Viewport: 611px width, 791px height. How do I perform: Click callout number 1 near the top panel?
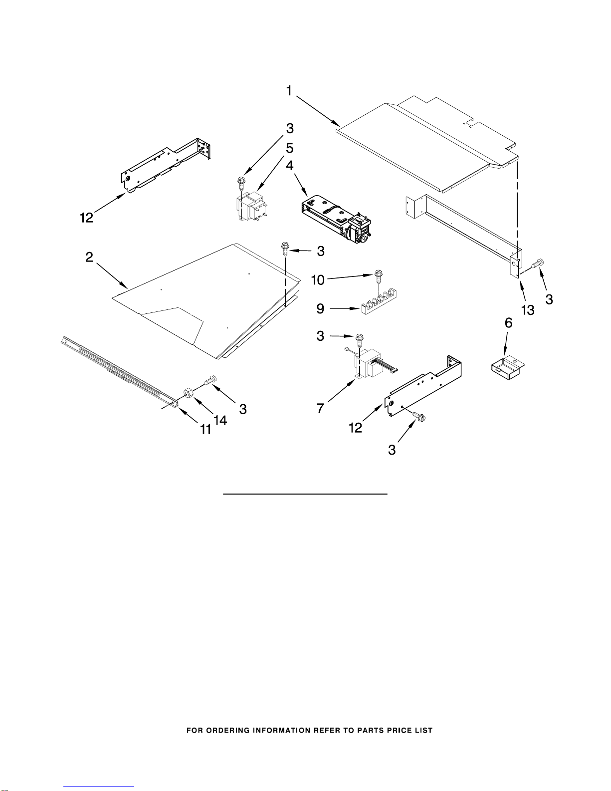coord(289,91)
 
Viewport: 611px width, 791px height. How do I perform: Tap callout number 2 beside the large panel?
coord(89,257)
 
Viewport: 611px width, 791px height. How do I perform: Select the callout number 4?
coord(289,165)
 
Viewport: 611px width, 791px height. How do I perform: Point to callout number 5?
coord(289,148)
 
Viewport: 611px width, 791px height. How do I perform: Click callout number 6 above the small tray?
coord(508,322)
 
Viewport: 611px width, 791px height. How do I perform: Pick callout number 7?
coord(320,408)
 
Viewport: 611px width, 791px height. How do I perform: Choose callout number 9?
coord(320,309)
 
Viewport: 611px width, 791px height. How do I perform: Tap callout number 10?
coord(318,280)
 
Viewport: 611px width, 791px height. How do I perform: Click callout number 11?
coord(206,430)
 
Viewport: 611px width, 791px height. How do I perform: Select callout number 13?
coord(528,310)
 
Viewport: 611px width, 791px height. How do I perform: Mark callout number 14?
coord(220,420)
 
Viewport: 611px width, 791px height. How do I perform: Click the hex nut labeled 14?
coord(188,393)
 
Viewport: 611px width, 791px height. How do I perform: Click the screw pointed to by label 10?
coord(378,276)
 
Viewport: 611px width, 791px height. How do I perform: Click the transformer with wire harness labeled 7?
coord(372,364)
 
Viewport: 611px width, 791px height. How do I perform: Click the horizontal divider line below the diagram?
coord(305,494)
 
